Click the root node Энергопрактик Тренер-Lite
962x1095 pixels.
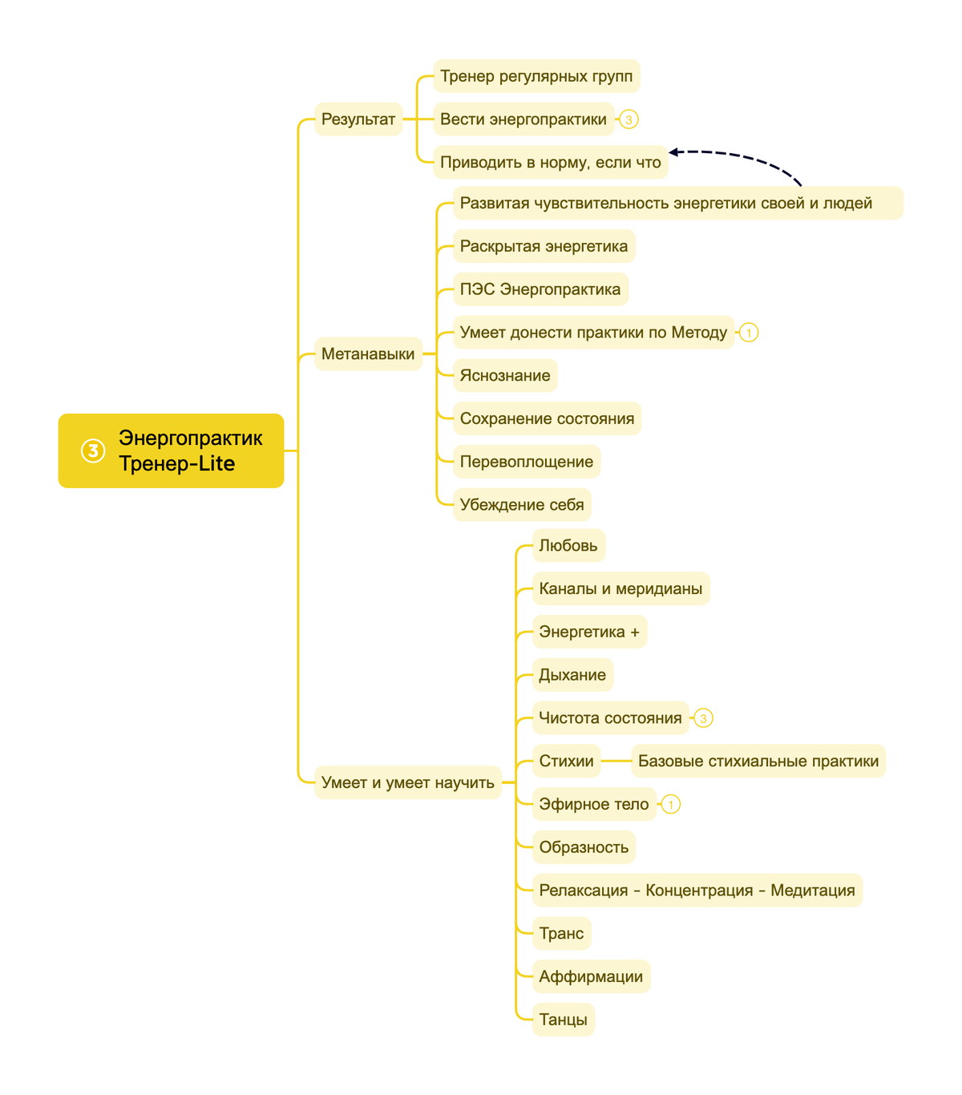[x=171, y=451]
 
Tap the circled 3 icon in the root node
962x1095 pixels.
[x=93, y=451]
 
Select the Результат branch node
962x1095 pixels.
[x=358, y=119]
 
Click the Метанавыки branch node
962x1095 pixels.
[x=368, y=354]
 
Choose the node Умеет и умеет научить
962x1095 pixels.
[x=408, y=782]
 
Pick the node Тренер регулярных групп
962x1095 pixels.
[x=536, y=75]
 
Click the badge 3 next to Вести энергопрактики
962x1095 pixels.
[x=629, y=119]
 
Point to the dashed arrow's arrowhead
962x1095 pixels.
[x=673, y=152]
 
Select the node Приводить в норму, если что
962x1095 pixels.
[x=551, y=162]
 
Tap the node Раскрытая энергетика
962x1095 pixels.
[x=544, y=246]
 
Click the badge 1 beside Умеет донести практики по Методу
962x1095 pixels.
[x=749, y=333]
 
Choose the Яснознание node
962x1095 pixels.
[x=505, y=375]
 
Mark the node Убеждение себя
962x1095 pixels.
[x=522, y=504]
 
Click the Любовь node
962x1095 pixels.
[x=568, y=545]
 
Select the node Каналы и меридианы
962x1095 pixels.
[x=621, y=588]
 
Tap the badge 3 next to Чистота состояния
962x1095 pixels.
[x=703, y=717]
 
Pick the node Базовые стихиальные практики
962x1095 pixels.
[x=758, y=761]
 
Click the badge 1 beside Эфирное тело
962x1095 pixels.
[x=671, y=804]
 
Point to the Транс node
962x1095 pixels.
[x=561, y=933]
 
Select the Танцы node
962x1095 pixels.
[x=563, y=1019]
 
